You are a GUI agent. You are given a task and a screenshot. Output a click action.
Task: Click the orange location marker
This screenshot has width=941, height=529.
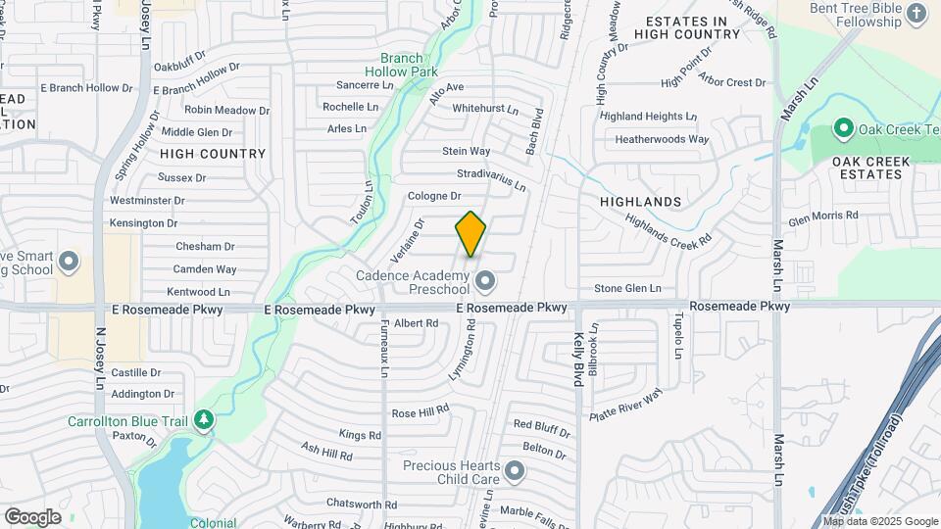[x=470, y=233]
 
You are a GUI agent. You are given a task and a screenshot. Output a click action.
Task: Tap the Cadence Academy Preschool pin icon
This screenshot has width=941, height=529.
[x=484, y=283]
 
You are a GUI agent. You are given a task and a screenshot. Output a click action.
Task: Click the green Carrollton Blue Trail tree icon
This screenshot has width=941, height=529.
[x=204, y=420]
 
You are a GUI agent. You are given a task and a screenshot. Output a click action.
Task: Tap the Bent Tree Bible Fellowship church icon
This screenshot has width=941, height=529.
[x=916, y=13]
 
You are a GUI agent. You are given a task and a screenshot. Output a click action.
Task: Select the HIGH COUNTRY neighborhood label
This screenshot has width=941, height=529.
[x=213, y=154]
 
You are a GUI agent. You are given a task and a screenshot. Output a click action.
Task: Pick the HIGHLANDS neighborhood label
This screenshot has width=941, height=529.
[x=640, y=202]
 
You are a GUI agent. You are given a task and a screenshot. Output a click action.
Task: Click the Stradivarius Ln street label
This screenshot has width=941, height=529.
[x=491, y=179]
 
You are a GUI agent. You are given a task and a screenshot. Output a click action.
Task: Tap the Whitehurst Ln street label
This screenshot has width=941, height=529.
[x=484, y=109]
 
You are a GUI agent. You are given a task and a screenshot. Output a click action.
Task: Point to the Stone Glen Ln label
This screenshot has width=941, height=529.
[x=627, y=288]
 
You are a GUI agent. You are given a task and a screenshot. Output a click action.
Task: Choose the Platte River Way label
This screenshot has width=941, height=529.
[x=626, y=405]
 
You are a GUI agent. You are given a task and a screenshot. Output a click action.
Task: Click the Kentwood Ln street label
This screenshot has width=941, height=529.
[x=197, y=292]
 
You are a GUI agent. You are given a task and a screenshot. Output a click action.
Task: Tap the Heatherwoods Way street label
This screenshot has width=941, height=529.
[x=662, y=139]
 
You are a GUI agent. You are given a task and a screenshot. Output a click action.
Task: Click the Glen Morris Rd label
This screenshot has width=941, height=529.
[x=822, y=215]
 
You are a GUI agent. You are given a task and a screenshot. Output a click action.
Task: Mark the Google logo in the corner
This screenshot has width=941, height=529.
[x=32, y=516]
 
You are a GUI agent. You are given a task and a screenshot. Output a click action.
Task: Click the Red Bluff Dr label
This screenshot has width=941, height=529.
[x=541, y=425]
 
